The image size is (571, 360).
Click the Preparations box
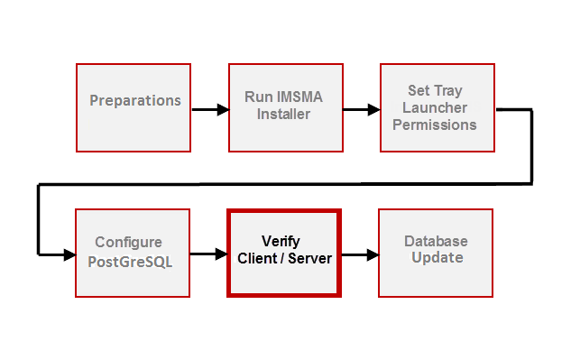[x=134, y=107]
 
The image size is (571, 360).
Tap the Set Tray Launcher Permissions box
[x=437, y=107]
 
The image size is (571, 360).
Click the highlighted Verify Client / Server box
[x=283, y=253]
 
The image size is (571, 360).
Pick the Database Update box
[x=436, y=253]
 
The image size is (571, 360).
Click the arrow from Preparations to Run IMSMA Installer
[x=209, y=110]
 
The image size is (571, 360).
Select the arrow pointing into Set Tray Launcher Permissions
[x=361, y=110]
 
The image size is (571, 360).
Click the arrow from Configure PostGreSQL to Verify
[x=208, y=255]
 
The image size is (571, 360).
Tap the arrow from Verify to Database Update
[x=359, y=255]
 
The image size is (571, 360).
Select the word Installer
[x=284, y=114]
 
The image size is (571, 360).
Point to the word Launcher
[x=435, y=108]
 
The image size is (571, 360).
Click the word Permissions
[x=435, y=125]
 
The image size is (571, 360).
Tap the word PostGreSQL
[x=129, y=262]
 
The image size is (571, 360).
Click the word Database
[x=436, y=242]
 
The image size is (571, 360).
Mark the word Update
[x=437, y=258]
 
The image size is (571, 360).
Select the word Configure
[x=129, y=243]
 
